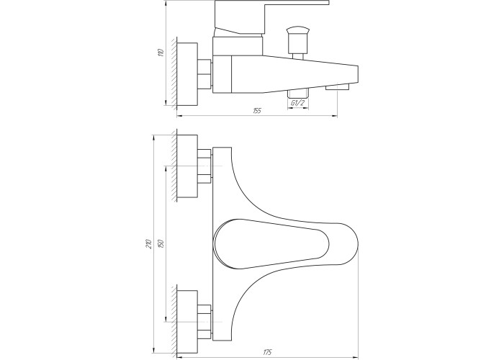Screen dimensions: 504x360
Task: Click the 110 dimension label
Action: tap(162, 53)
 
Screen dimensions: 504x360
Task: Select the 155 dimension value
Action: tap(257, 111)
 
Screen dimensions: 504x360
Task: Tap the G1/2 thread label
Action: tap(297, 103)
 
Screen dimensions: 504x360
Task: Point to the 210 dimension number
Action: tap(149, 244)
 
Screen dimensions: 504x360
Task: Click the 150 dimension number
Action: tap(162, 243)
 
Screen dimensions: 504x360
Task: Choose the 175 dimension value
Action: tap(267, 353)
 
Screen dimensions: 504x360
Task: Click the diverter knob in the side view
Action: tap(298, 40)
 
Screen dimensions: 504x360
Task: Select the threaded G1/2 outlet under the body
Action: tap(297, 94)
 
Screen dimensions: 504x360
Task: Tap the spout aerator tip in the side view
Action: tap(337, 87)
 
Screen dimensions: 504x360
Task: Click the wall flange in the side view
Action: tap(187, 74)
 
